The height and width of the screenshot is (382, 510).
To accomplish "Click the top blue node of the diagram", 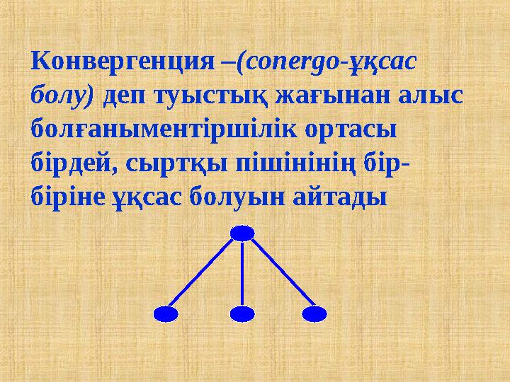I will point(242,233).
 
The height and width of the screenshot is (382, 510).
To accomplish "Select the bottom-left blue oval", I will point(166,313).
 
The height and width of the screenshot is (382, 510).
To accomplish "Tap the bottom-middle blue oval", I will point(242,313).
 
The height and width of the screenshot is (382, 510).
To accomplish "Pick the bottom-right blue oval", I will point(314,313).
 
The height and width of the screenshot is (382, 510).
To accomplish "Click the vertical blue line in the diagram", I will point(242,273).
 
